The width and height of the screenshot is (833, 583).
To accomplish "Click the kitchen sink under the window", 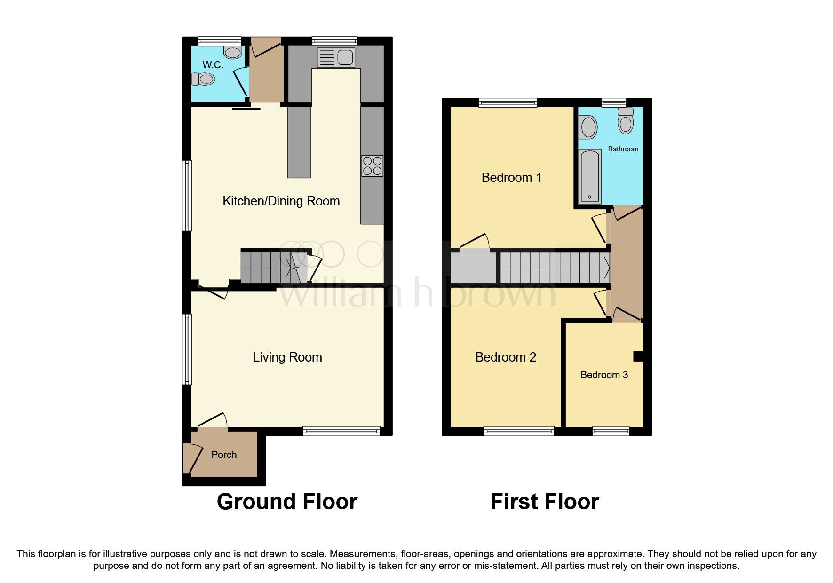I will pos(336,58).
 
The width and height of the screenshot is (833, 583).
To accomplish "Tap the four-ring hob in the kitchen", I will pos(372,166).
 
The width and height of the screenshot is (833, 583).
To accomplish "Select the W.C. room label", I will pos(213,65).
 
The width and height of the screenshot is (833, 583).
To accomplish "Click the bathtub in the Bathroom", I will pos(589,176).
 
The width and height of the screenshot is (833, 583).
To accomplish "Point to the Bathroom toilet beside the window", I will pos(626,121).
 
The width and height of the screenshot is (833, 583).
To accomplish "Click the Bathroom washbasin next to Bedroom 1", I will pos(588,127).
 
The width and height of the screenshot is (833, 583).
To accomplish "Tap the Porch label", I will pos(224,455).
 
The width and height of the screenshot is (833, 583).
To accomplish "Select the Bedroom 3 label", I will pos(604,375).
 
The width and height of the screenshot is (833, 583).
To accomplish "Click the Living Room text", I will pos(287,357).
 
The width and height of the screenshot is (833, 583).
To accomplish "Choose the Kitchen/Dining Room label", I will pos(281,201).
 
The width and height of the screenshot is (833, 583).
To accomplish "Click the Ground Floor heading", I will pos(287,502).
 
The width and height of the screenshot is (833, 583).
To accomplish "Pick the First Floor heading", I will pos(544,502).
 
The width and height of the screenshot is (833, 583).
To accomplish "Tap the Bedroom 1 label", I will pos(511,178).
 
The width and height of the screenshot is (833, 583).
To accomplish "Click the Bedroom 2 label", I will pos(505,357).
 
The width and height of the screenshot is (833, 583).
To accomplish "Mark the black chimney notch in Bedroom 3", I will pos(638,356).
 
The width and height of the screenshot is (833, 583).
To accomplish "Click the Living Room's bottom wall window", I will pos(341,431).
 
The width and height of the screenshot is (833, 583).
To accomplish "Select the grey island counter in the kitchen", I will pos(299,141).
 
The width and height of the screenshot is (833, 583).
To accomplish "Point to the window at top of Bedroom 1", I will pos(508,102).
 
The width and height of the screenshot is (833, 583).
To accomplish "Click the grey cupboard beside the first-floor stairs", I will pos(473,268).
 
